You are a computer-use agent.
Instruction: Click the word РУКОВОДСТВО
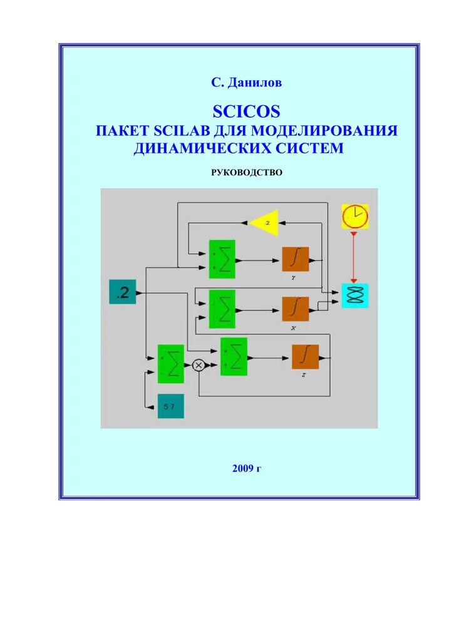click(247, 172)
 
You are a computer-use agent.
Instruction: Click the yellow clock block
click(354, 217)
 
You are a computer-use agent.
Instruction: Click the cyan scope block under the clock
click(354, 295)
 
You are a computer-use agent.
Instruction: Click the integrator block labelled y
click(296, 259)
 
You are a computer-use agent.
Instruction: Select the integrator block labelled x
click(296, 309)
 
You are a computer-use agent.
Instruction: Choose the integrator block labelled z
click(305, 357)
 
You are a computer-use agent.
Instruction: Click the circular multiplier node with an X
click(199, 365)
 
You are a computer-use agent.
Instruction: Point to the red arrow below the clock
click(354, 257)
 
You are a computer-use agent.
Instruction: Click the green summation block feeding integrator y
click(222, 259)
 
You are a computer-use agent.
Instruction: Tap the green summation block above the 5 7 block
click(171, 363)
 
